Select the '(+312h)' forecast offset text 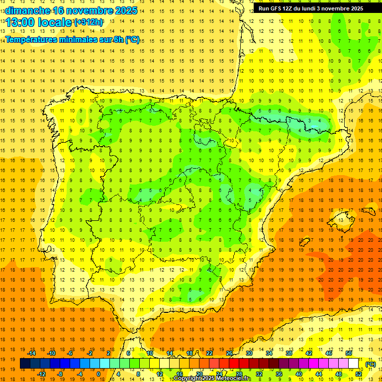88,22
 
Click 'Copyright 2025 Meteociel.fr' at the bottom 212,379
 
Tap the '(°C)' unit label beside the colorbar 371,364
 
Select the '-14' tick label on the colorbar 31,353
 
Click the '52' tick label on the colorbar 359,374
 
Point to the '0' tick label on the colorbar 98,374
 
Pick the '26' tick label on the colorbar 229,353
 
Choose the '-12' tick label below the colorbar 41,374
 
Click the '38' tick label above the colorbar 289,353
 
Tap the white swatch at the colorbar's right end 354,364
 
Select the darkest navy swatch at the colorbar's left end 25,364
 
